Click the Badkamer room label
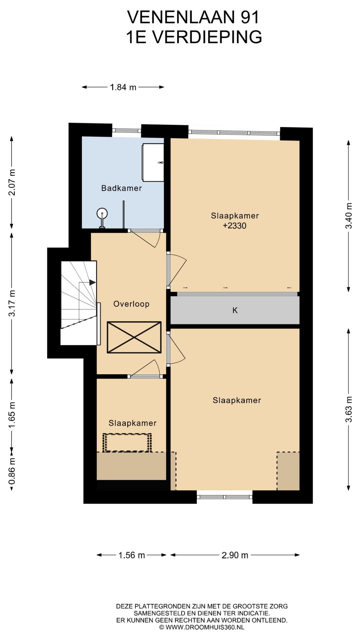[x=122, y=188]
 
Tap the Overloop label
[x=131, y=304]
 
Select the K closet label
[x=235, y=311]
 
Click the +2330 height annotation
[x=235, y=226]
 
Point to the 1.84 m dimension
[x=123, y=87]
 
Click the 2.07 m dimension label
[x=12, y=182]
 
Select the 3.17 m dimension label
[x=12, y=303]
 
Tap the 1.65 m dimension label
[x=12, y=415]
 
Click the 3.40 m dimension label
[x=349, y=216]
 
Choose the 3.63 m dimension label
[x=349, y=409]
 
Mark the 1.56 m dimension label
[x=132, y=555]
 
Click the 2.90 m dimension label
[x=235, y=555]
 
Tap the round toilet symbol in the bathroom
[x=102, y=213]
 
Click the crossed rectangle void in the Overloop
[x=134, y=337]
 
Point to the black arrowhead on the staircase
[x=93, y=282]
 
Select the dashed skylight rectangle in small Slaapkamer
[x=127, y=443]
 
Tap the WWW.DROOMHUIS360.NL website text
[x=205, y=627]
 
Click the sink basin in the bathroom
[x=153, y=163]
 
